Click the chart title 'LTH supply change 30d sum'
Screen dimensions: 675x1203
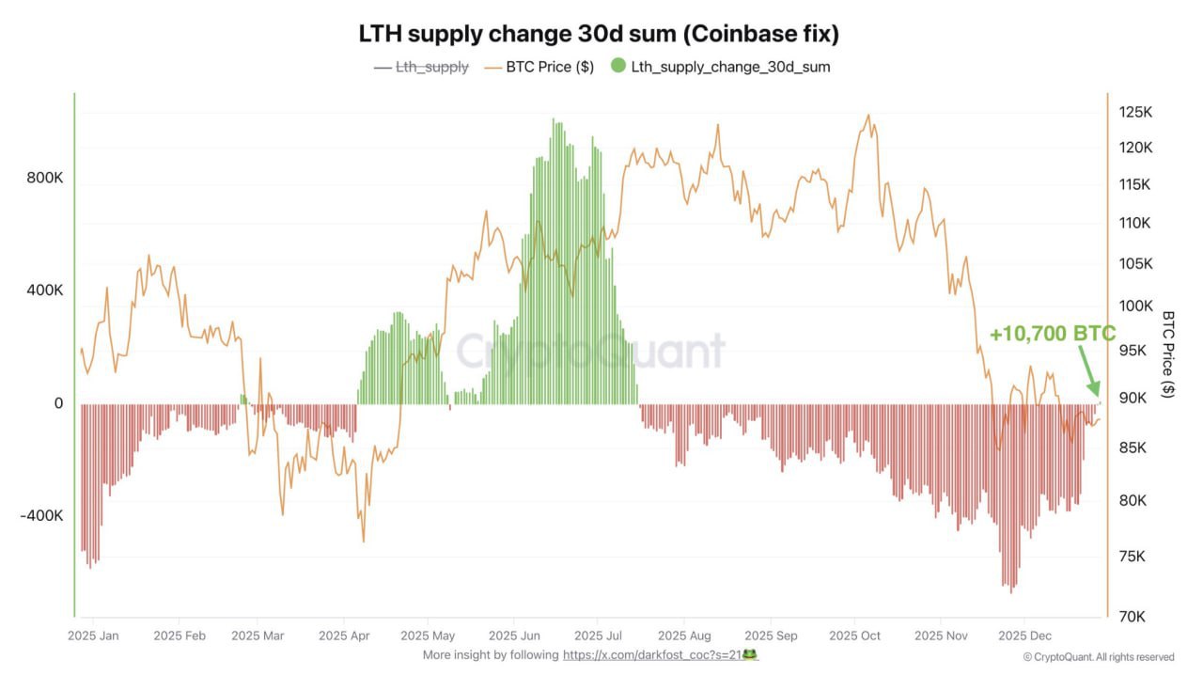point(599,34)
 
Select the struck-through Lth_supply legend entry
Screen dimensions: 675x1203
point(431,67)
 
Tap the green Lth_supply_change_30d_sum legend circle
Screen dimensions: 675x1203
point(617,67)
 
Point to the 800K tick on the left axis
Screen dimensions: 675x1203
point(45,179)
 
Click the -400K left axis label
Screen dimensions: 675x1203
point(42,516)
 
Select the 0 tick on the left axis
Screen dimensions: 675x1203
point(58,403)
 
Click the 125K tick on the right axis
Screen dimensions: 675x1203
point(1135,112)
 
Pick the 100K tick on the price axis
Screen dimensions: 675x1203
point(1135,306)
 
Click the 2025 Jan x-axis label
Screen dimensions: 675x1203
point(94,636)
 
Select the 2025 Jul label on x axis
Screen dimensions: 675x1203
point(599,636)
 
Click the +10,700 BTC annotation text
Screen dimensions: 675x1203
point(1052,334)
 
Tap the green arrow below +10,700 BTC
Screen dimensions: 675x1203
point(1087,372)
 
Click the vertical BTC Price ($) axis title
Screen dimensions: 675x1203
point(1168,354)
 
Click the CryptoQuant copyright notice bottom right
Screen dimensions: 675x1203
point(1098,657)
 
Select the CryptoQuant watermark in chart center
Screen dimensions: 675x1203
point(591,352)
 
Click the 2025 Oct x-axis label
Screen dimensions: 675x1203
point(854,636)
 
